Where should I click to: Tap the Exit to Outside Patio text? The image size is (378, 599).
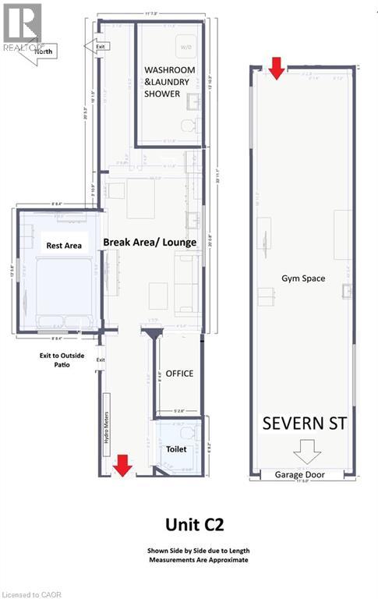click(x=61, y=360)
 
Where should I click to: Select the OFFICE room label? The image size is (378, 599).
click(x=179, y=374)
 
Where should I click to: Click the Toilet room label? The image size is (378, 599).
click(x=177, y=449)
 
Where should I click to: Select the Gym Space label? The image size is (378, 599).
click(x=302, y=278)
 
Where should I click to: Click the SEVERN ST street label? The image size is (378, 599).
click(x=305, y=424)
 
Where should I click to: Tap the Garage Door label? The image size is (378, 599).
click(x=301, y=474)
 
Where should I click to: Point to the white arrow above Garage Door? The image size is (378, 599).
click(x=301, y=452)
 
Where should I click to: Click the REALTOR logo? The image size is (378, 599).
click(x=21, y=25)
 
